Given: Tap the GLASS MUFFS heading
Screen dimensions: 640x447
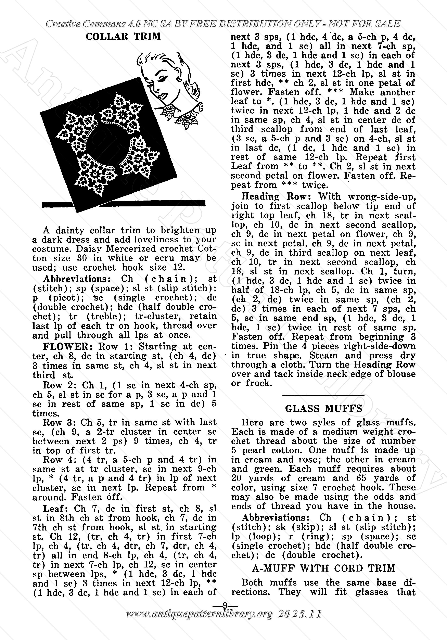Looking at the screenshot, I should point(323,409).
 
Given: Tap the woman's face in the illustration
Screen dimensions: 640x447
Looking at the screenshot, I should point(162,81).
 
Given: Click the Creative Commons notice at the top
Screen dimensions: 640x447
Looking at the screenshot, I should point(223,24).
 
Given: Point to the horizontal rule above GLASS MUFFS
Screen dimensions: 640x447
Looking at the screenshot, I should point(323,395).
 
